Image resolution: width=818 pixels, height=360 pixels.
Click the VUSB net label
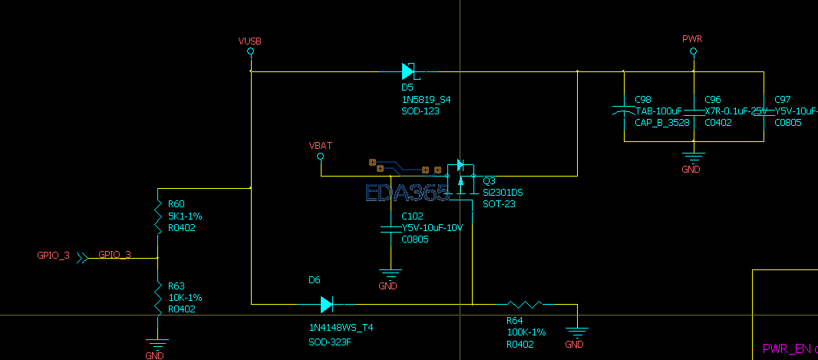250,41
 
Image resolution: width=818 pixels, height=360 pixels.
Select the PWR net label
692,38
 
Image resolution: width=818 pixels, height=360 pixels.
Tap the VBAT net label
320,145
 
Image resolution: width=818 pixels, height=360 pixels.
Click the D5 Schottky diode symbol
409,71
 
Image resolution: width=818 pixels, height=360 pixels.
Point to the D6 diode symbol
327,305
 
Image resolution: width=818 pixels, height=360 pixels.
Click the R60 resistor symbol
157,216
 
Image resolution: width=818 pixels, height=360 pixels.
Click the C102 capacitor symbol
391,228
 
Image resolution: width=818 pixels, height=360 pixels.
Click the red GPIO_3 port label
53,256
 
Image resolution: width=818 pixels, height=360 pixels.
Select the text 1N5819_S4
426,100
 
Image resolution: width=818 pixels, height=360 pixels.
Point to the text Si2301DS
503,192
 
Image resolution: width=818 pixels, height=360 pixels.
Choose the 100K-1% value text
526,332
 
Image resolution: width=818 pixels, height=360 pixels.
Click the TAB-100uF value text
658,111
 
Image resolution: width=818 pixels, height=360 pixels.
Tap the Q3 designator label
489,180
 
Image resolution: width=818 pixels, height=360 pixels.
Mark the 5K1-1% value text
185,216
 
